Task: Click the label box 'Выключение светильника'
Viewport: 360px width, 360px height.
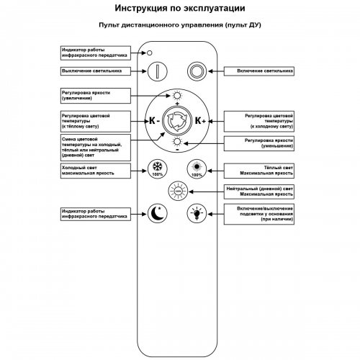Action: click(x=95, y=71)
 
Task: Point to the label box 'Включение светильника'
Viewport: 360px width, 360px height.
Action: click(x=259, y=71)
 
